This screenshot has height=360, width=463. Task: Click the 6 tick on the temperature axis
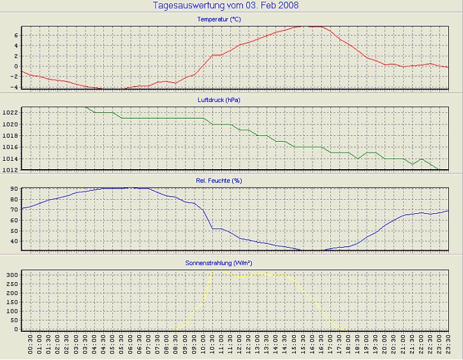coord(16,36)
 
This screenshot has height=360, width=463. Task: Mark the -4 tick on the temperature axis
coord(15,87)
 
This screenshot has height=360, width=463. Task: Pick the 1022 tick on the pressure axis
coord(11,112)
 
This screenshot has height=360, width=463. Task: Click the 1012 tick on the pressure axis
coord(11,170)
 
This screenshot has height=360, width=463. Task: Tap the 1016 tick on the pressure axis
coord(11,147)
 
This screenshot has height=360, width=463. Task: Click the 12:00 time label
coord(240,347)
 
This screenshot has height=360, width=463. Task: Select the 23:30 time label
coord(449,347)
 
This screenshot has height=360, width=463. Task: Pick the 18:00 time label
coord(349,347)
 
